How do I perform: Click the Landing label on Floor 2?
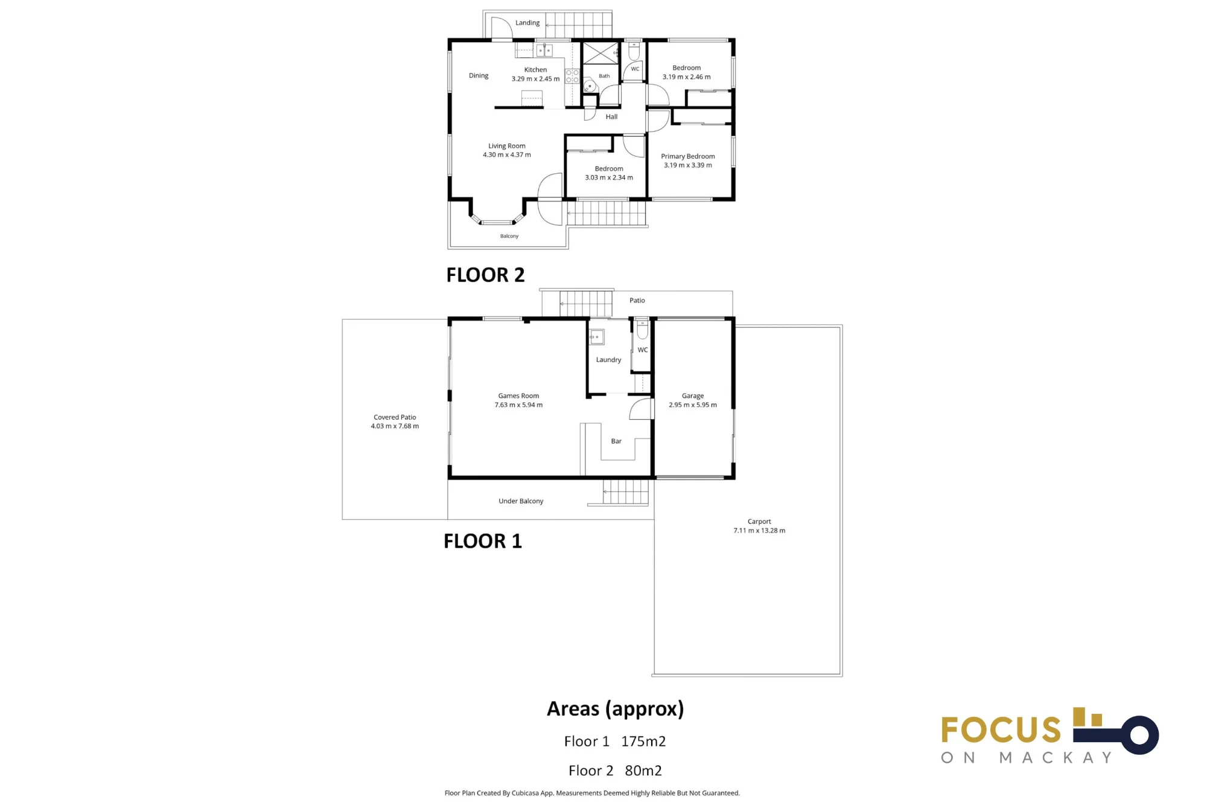tap(527, 23)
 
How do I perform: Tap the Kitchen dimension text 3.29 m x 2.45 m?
tap(535, 79)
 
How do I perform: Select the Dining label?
tap(479, 75)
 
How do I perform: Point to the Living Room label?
tap(507, 146)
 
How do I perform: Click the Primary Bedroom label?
tap(688, 156)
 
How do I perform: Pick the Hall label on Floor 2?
tap(611, 117)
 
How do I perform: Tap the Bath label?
tap(604, 76)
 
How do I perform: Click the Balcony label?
tap(509, 236)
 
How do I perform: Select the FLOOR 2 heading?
tap(485, 275)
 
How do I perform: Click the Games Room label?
tap(518, 396)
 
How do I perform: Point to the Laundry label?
tap(608, 360)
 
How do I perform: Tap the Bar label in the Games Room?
tap(616, 441)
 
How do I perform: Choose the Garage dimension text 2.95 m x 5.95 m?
tap(693, 405)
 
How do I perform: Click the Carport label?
tap(759, 521)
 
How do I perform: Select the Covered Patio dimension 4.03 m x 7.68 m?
tap(395, 426)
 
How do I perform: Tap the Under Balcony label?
tap(521, 501)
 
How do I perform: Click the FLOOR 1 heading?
tap(483, 541)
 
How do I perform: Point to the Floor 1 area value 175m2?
tap(643, 741)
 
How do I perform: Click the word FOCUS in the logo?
tap(1001, 730)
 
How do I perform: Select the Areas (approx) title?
tap(616, 709)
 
